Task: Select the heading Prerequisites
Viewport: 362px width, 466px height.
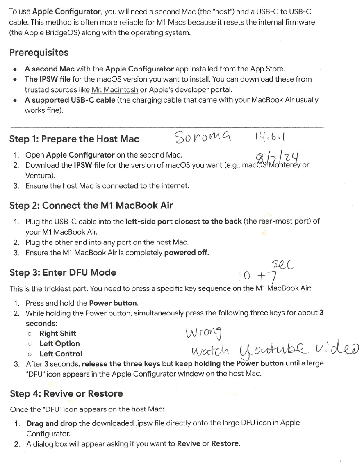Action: (38, 53)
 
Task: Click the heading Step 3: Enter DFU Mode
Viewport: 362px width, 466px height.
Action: (62, 272)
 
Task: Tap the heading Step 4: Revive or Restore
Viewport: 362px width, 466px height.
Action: (66, 393)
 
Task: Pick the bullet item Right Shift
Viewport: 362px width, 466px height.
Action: (58, 334)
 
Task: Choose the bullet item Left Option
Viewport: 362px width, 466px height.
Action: (59, 343)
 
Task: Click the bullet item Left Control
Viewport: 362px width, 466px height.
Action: (61, 354)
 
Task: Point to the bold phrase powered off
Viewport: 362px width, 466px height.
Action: (186, 253)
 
